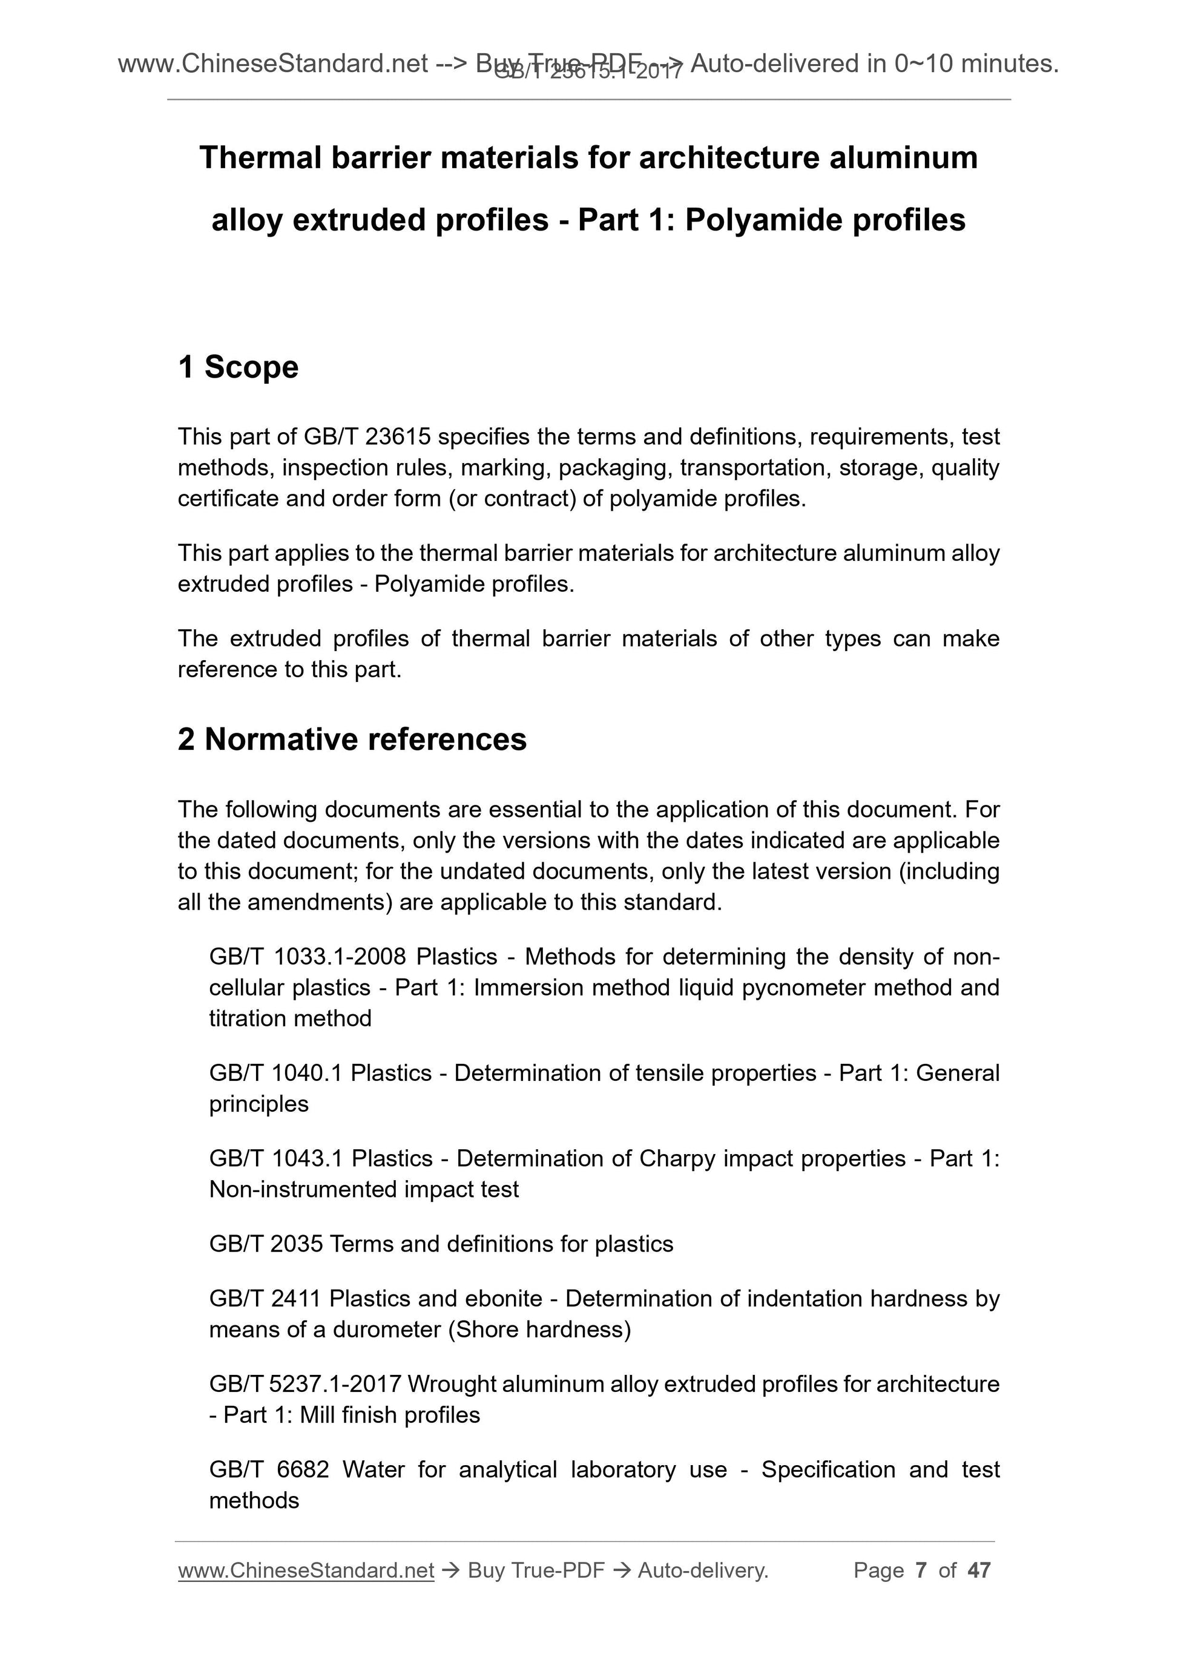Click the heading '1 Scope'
pyautogui.click(x=238, y=367)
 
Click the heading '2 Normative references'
pyautogui.click(x=352, y=740)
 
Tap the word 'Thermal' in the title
pyautogui.click(x=260, y=157)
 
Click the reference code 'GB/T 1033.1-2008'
pyautogui.click(x=307, y=957)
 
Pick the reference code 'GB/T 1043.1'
pyautogui.click(x=276, y=1159)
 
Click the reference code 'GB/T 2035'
pyautogui.click(x=266, y=1244)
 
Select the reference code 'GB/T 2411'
pyautogui.click(x=265, y=1298)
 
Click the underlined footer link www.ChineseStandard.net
pyautogui.click(x=306, y=1570)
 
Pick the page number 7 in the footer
pyautogui.click(x=921, y=1570)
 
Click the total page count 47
pyautogui.click(x=979, y=1570)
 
